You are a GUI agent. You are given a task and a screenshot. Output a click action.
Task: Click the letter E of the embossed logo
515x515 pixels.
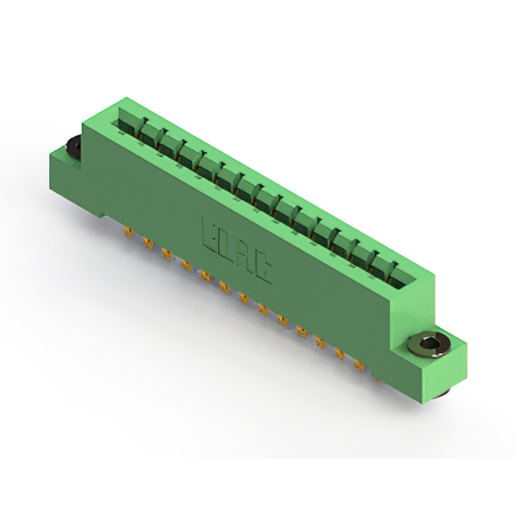coord(208,234)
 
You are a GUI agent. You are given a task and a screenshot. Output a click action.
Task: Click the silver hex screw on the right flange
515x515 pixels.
coord(428,345)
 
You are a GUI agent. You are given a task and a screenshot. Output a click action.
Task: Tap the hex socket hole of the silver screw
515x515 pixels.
coord(428,344)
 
